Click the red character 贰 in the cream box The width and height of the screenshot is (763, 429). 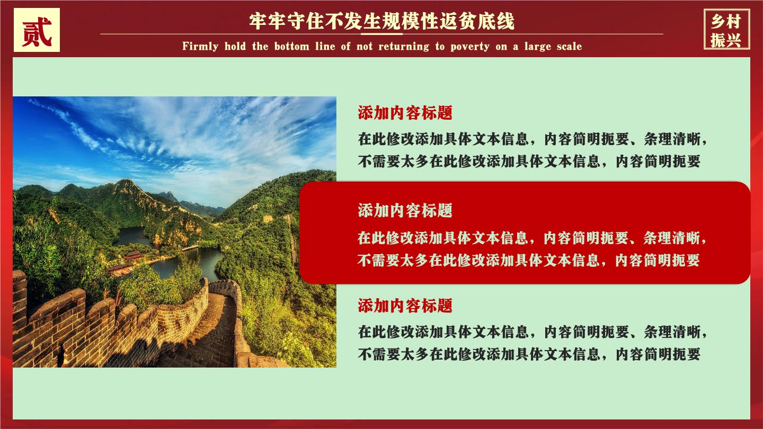37,31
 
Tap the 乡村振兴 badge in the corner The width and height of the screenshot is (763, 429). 726,30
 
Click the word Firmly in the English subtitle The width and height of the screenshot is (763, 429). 200,46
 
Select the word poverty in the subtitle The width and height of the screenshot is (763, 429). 469,46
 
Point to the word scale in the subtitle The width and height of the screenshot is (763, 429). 569,46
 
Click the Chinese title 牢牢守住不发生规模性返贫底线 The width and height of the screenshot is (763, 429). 381,21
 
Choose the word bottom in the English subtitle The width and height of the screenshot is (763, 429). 292,46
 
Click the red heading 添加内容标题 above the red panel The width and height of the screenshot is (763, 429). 405,113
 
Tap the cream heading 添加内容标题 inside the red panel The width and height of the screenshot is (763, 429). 405,210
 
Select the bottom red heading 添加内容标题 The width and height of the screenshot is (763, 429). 405,306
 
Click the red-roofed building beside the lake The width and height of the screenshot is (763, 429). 133,255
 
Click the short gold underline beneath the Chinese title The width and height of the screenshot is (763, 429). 381,34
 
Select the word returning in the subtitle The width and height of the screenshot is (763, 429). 404,46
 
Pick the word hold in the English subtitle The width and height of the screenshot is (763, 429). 235,46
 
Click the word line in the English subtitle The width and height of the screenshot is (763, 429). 325,46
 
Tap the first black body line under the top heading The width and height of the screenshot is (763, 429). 533,139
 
